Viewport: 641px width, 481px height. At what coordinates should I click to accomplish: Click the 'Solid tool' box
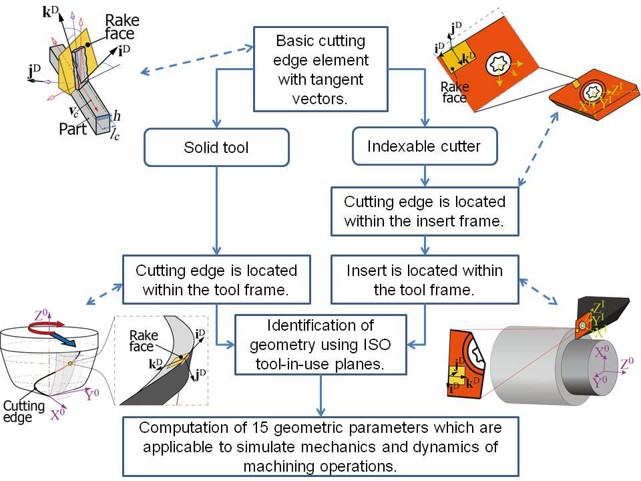coord(216,146)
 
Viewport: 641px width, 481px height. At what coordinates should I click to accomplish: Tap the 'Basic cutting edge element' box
coord(320,69)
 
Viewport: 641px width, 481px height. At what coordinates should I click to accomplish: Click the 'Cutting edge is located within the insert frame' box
coord(425,211)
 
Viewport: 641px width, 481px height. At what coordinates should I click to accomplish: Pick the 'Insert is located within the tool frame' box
coord(425,281)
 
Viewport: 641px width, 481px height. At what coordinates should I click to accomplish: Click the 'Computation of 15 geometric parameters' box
coord(320,446)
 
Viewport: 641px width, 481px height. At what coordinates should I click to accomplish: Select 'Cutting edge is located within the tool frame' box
coord(216,281)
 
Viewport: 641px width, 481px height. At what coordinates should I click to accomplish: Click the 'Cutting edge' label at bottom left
coord(23,410)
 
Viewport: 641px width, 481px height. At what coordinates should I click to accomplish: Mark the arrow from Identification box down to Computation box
coord(320,394)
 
